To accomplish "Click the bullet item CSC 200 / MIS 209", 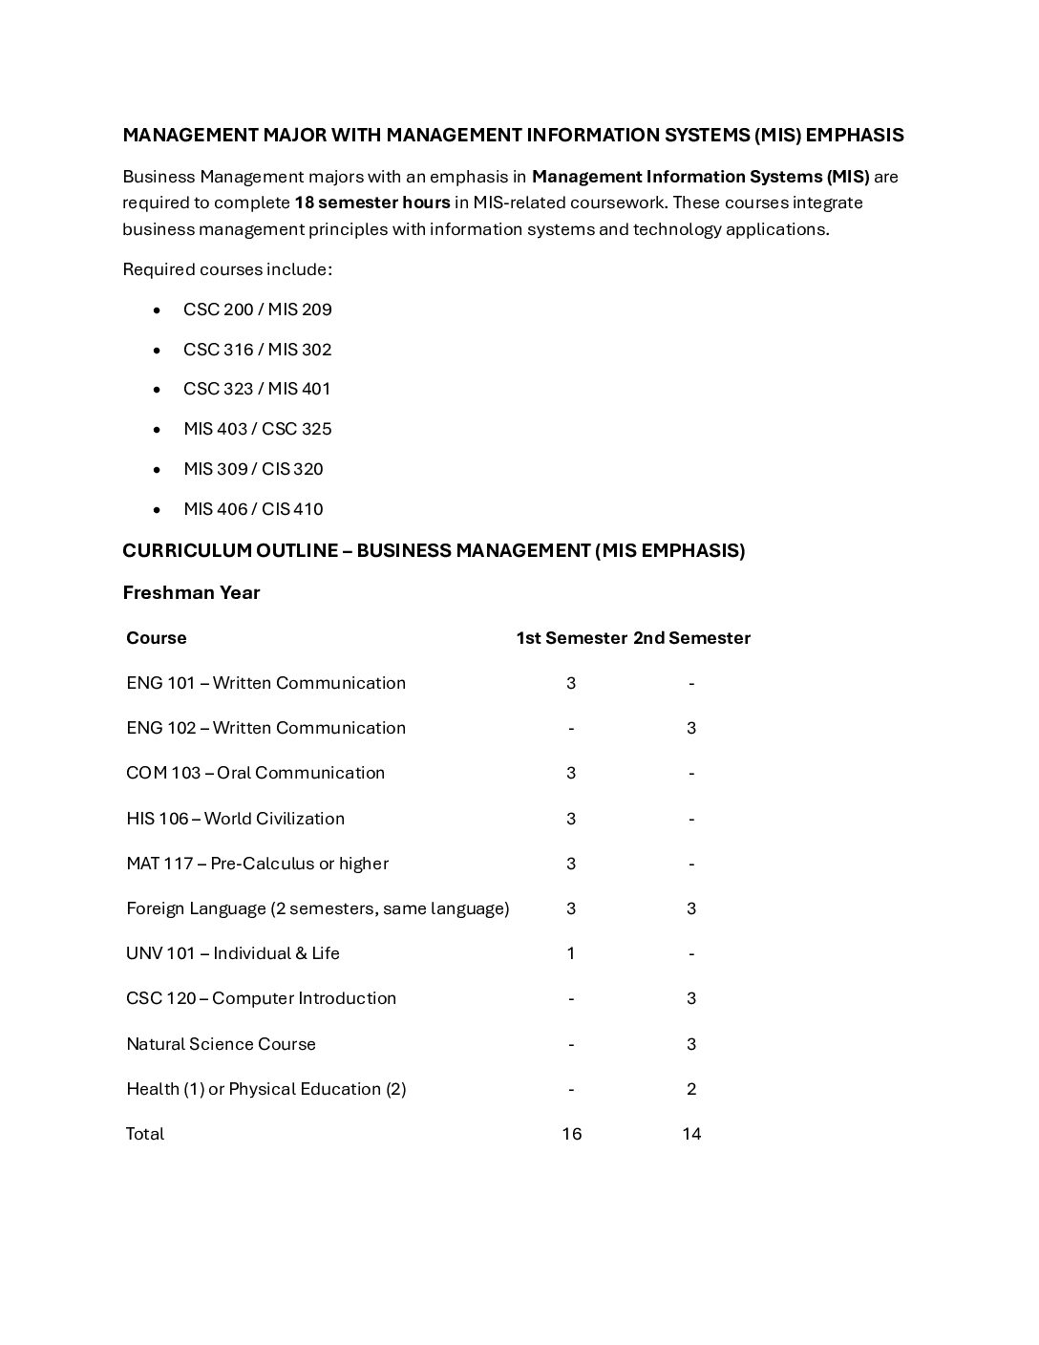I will [x=257, y=310].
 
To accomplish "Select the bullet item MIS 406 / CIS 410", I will [x=253, y=509].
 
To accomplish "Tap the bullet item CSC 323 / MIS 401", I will [x=257, y=389].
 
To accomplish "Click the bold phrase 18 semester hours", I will [x=372, y=203].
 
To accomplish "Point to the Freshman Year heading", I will [x=191, y=593].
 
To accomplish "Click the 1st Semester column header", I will [x=571, y=638].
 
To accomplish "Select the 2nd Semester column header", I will [x=691, y=638].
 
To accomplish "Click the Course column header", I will [x=157, y=638].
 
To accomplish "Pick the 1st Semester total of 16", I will [x=571, y=1134].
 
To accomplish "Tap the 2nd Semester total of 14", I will [x=691, y=1134].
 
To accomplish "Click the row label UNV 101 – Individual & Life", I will [x=233, y=953].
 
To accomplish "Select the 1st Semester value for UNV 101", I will [x=571, y=953].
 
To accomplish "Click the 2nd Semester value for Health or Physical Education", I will [x=691, y=1089].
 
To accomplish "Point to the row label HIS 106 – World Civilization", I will [x=235, y=819].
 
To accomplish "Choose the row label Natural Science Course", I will [x=221, y=1044].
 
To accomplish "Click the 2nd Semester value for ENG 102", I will [x=691, y=728].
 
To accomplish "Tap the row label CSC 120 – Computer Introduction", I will [x=261, y=998].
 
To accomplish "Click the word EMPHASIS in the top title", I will [x=855, y=136].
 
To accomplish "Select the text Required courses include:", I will [x=227, y=269].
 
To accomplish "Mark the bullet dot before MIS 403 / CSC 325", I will [x=157, y=430].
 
